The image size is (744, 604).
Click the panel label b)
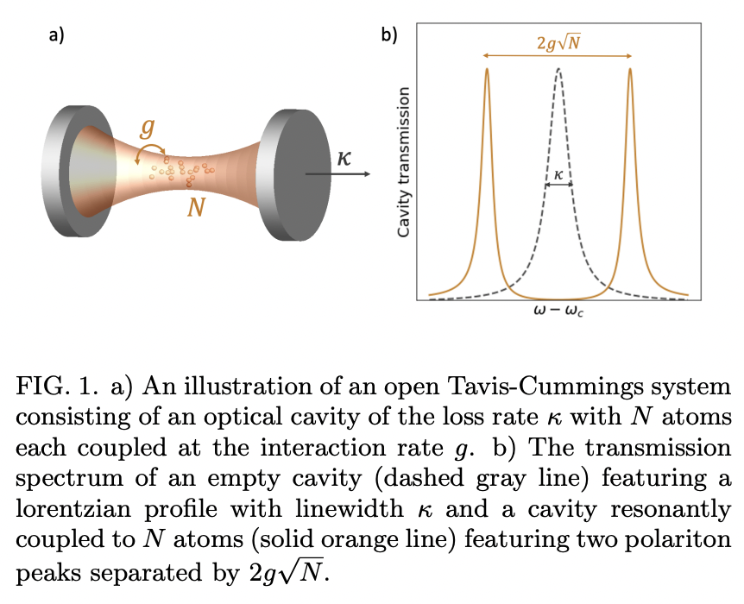pyautogui.click(x=389, y=35)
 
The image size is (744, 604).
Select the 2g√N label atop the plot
pyautogui.click(x=558, y=41)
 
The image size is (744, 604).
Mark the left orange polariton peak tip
pyautogui.click(x=487, y=70)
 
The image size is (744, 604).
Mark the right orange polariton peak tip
pyautogui.click(x=630, y=70)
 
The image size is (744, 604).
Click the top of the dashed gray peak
pyautogui.click(x=559, y=68)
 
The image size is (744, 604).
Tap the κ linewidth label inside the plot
pyautogui.click(x=558, y=173)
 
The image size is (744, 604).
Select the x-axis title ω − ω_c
pyautogui.click(x=559, y=311)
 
